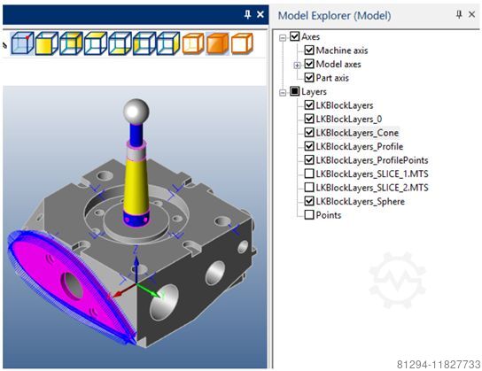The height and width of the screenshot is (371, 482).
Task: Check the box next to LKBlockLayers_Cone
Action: pos(308,133)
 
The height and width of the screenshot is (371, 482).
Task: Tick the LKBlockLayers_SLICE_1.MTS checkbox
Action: pos(308,174)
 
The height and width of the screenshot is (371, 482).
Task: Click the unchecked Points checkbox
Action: pos(308,215)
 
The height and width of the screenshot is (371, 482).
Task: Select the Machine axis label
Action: pos(342,50)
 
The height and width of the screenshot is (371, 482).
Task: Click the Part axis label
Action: pos(335,78)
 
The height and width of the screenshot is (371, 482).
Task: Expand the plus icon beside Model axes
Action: pos(297,64)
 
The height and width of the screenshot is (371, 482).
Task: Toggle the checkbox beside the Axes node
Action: pos(295,37)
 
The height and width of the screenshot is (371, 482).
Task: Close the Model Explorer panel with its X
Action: pos(473,15)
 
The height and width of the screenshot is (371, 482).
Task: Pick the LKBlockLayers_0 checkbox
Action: pos(308,119)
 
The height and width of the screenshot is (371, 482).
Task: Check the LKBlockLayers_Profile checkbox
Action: pos(308,146)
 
